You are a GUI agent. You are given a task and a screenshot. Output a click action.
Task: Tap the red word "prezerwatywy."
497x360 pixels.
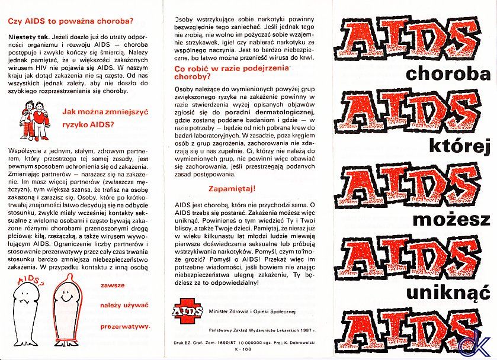click(124, 326)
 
